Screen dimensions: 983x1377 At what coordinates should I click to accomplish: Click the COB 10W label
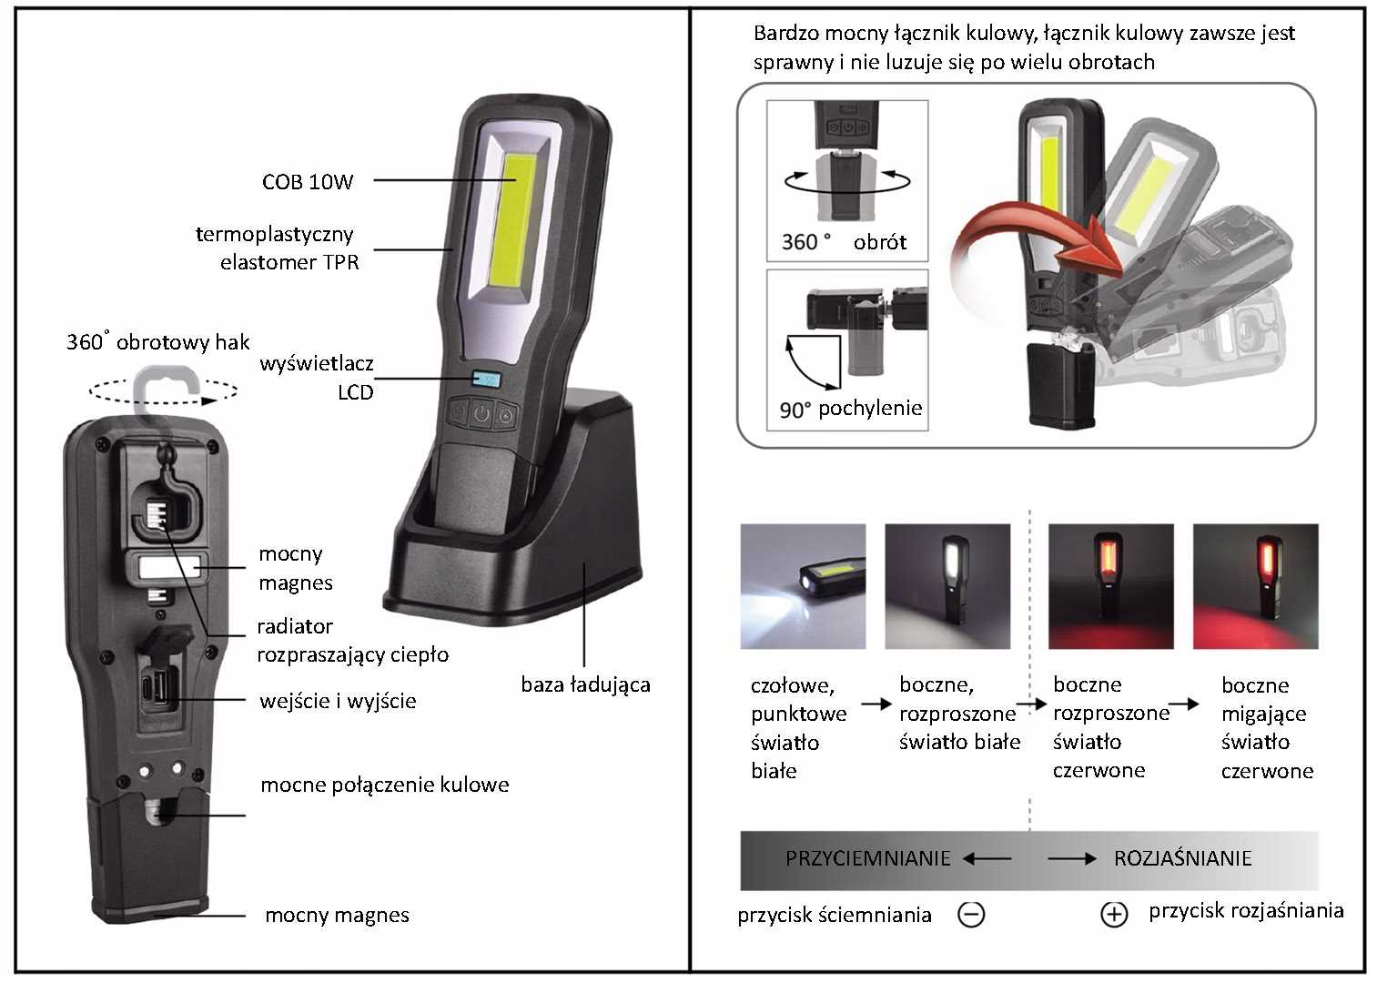pos(307,181)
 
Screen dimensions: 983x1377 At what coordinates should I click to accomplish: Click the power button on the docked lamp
pos(481,415)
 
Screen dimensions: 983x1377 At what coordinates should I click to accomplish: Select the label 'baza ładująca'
pos(585,684)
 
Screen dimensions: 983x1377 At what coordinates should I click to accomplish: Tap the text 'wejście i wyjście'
pos(337,701)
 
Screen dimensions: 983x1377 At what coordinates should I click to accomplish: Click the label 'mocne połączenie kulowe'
pos(384,785)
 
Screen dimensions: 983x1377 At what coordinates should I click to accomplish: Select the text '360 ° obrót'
pos(844,242)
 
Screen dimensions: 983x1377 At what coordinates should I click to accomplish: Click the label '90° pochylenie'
pos(850,409)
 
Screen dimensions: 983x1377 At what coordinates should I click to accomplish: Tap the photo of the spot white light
pos(803,586)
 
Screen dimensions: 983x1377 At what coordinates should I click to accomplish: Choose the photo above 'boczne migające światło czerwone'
pos(1255,586)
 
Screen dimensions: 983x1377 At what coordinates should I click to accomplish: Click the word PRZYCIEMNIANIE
pos(867,858)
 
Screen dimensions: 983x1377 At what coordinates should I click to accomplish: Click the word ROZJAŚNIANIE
pos(1182,858)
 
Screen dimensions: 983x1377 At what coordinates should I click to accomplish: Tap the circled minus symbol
pos(972,914)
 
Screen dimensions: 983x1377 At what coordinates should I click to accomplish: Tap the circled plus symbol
pos(1114,914)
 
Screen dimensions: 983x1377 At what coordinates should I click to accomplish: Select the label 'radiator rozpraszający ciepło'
pos(351,640)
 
